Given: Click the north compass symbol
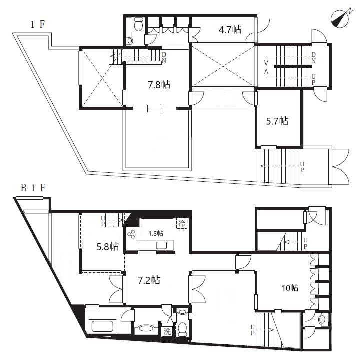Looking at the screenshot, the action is pyautogui.click(x=340, y=19).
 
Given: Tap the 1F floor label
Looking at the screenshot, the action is pyautogui.click(x=38, y=24).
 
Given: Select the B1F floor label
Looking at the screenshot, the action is pyautogui.click(x=33, y=188).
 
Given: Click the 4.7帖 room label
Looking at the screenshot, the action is pyautogui.click(x=230, y=30).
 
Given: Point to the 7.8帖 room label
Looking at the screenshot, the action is pyautogui.click(x=159, y=84).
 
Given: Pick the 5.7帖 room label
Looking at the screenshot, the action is pyautogui.click(x=277, y=121).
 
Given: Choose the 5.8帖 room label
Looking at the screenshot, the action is pyautogui.click(x=108, y=247).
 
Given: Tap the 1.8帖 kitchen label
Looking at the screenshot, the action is pyautogui.click(x=156, y=233).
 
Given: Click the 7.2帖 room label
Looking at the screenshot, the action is pyautogui.click(x=149, y=280).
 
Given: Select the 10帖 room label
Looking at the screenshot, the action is pyautogui.click(x=290, y=288).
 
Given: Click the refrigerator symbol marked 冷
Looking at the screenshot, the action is pyautogui.click(x=182, y=223).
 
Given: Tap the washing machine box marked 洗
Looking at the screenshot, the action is pyautogui.click(x=167, y=331).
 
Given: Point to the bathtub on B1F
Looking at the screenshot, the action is pyautogui.click(x=102, y=326).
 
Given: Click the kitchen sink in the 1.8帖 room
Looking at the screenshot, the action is pyautogui.click(x=161, y=245).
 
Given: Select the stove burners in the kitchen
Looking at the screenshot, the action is pyautogui.click(x=131, y=234).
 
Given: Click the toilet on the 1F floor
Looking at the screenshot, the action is pyautogui.click(x=138, y=24).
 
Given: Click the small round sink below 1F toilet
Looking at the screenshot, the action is pyautogui.click(x=130, y=41).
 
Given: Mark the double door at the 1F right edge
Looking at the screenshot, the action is pyautogui.click(x=340, y=166).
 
